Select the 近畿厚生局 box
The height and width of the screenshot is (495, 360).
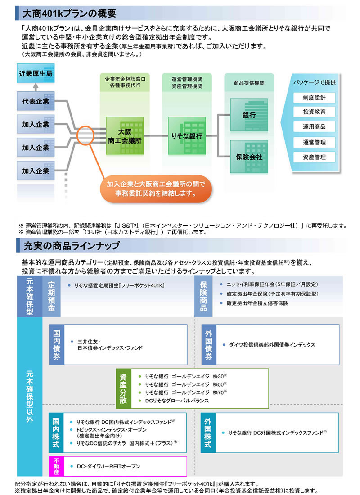(x=36, y=73)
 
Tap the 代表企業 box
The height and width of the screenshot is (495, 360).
(x=36, y=102)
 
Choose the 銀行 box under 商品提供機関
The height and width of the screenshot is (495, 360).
(x=249, y=115)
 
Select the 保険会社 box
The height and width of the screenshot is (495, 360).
(x=249, y=157)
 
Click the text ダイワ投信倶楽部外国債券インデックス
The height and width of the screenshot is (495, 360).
(x=272, y=345)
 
